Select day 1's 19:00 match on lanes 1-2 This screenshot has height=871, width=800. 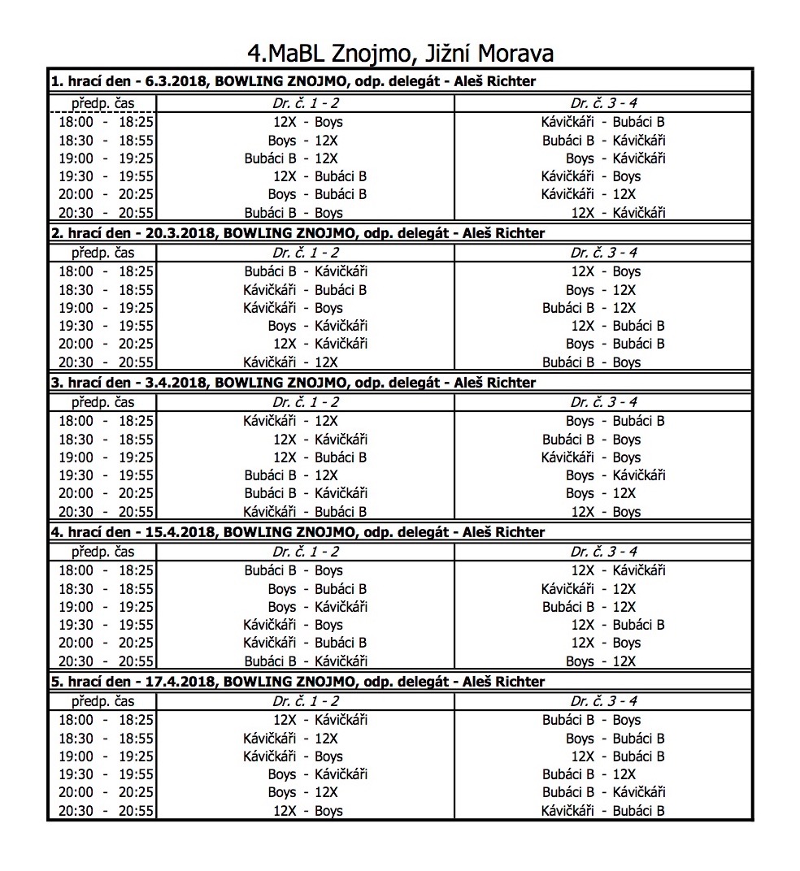coord(291,158)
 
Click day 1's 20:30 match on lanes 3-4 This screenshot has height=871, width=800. coord(618,213)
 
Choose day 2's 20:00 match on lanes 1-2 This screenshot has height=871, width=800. coord(320,344)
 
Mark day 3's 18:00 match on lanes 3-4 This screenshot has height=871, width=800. coord(615,421)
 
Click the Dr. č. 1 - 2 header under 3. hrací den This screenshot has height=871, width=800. coord(306,401)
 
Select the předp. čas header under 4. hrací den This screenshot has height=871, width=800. coord(102,552)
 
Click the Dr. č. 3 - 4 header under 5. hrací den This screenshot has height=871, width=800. coord(603,701)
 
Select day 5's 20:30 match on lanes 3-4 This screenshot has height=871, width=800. coord(603,811)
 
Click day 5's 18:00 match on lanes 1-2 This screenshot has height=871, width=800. coord(320,720)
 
